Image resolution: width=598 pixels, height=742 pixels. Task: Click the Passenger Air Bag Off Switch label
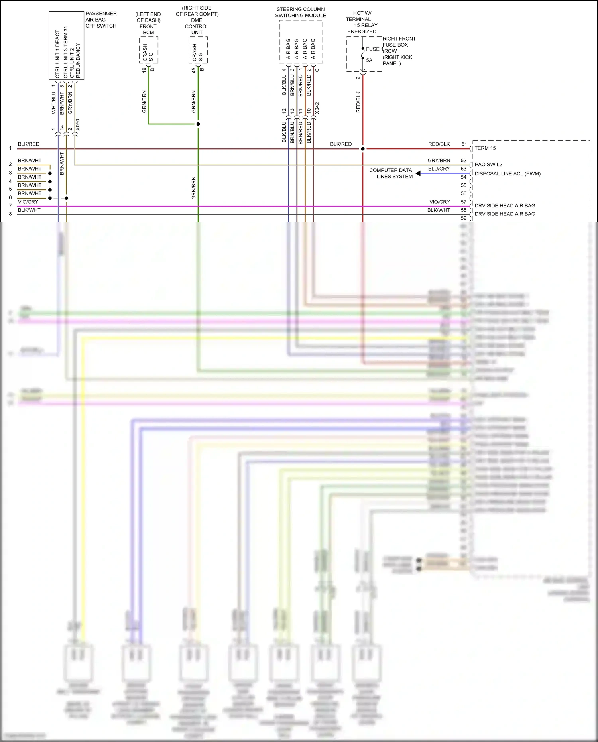(100, 20)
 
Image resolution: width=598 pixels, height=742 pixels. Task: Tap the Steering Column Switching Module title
(301, 12)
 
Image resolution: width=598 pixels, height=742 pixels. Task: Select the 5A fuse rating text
(369, 60)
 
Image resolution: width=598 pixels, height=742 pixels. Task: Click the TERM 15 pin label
(485, 148)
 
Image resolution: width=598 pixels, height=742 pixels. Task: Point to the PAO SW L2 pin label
(488, 165)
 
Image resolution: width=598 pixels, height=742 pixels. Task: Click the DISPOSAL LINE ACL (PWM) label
(508, 174)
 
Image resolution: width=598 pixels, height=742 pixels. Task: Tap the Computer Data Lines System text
(391, 173)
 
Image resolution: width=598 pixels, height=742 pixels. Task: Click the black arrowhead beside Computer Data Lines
(418, 173)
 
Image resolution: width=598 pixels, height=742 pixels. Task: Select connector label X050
(78, 124)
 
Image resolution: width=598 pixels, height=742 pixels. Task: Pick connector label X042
(317, 108)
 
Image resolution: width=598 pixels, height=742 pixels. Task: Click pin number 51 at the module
(464, 144)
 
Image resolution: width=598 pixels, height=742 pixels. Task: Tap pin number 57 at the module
(464, 202)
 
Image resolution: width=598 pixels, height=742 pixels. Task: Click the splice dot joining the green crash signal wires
(198, 124)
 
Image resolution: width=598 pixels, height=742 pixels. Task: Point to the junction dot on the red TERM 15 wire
(363, 149)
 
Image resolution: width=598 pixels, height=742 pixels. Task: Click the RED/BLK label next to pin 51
(439, 144)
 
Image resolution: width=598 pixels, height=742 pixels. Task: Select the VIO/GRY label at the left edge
(28, 202)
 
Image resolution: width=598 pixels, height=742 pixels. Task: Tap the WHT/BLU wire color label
(54, 103)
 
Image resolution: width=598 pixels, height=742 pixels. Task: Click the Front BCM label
(148, 30)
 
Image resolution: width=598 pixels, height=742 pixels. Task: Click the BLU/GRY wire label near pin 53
(439, 169)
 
